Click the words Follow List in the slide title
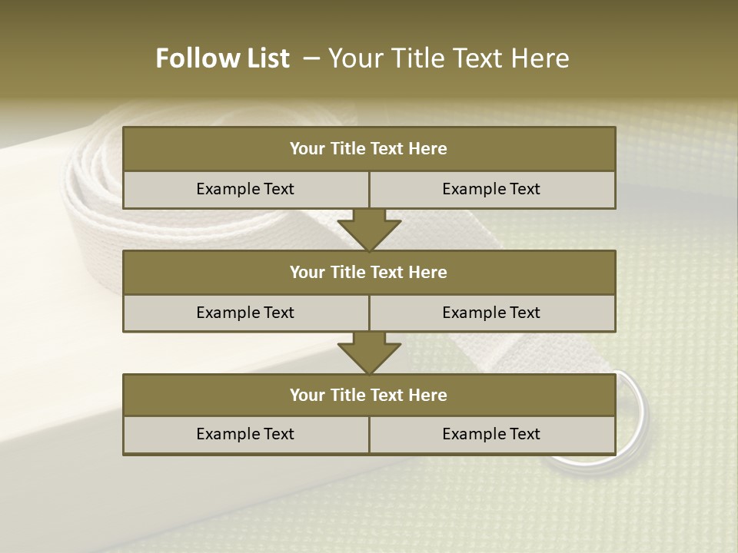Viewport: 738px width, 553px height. [x=223, y=58]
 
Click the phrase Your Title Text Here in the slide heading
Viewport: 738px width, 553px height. [x=449, y=58]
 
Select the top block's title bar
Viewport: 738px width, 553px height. [x=369, y=149]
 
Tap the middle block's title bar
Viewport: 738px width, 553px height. [x=369, y=272]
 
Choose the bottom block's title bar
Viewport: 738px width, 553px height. [x=369, y=395]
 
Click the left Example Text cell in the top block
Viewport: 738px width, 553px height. [x=245, y=189]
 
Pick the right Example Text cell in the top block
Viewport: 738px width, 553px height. [x=491, y=189]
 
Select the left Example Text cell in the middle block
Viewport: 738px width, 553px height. [x=245, y=313]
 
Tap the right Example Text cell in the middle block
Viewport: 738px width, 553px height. [x=491, y=313]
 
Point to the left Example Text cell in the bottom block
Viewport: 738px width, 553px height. [x=245, y=434]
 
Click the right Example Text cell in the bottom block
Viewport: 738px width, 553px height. [x=491, y=434]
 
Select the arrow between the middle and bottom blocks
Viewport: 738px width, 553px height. [x=369, y=352]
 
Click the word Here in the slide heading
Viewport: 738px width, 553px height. [x=543, y=58]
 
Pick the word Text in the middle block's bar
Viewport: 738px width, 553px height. [x=387, y=272]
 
